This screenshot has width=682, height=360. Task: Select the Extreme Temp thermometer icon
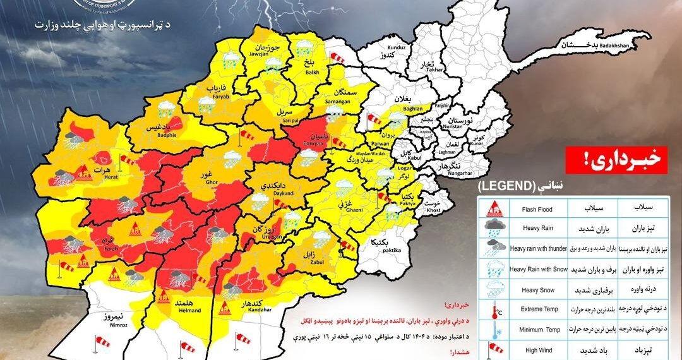(x=493, y=309)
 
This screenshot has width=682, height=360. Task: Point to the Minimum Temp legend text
(x=538, y=329)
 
